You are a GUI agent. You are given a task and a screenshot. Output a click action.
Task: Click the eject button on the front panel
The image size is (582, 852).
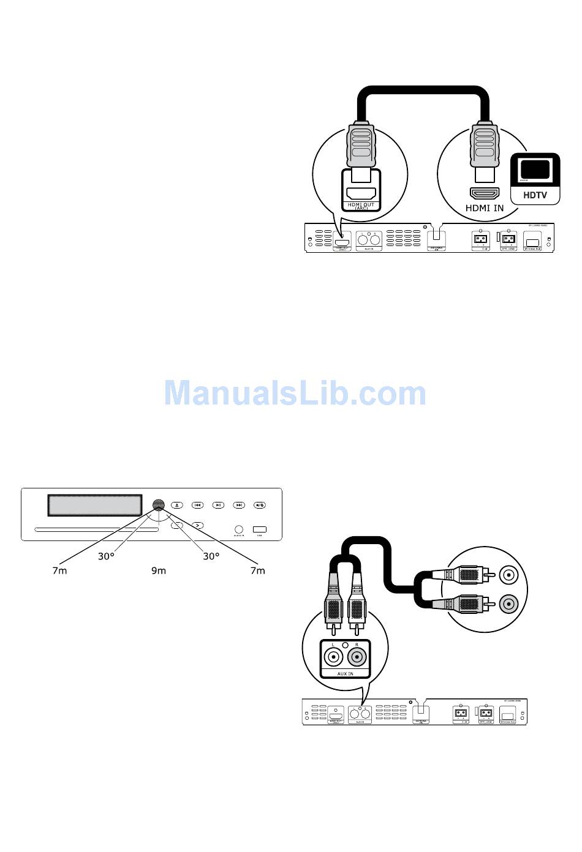coord(177,505)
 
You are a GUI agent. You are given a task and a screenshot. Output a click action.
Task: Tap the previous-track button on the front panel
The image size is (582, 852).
coord(197,505)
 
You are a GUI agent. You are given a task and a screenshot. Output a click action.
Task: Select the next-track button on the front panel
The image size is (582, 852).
coord(239,505)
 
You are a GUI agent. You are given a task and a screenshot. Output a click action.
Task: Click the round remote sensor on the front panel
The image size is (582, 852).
coord(159,505)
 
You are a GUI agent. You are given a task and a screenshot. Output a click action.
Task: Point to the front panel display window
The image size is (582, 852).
coord(95,505)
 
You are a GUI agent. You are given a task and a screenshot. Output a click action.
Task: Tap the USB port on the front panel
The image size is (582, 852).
coord(260,529)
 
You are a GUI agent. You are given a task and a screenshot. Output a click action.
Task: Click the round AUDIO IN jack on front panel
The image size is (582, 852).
coord(239,529)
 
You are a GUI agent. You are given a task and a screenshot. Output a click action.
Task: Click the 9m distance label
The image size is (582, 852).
coord(159,570)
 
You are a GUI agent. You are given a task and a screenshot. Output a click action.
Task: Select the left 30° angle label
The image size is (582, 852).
coord(107,556)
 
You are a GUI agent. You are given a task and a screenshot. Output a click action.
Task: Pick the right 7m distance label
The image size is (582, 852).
coord(258,570)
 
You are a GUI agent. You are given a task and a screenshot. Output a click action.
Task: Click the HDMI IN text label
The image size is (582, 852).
coord(485,208)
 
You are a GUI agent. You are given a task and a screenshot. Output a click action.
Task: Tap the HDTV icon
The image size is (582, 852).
coord(535,178)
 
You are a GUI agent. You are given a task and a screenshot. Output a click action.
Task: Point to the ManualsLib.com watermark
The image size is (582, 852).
coord(295,393)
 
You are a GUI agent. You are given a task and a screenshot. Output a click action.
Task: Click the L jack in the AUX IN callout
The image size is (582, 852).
coord(333,657)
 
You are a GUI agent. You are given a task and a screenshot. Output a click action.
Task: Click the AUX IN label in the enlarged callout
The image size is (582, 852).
coord(346,673)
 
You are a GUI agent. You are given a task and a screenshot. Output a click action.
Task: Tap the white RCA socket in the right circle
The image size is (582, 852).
coord(508,575)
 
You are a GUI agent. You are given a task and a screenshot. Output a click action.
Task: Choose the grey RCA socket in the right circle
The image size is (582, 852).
coord(508,604)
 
